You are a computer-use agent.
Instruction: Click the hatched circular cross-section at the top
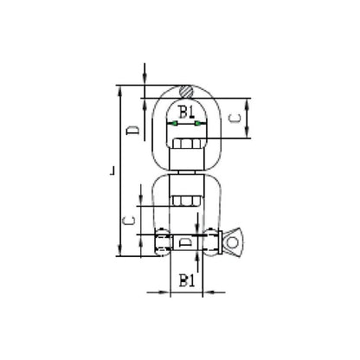coord(185,92)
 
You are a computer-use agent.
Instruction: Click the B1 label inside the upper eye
coord(187,112)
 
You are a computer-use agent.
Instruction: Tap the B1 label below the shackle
coord(187,280)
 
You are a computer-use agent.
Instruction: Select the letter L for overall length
coord(112,170)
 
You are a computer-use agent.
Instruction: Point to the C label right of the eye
coord(235,119)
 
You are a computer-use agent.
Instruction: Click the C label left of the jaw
coord(128,221)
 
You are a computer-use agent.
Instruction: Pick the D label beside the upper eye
coord(133,131)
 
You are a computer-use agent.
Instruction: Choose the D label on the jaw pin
coord(185,242)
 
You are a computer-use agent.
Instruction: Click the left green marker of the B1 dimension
coord(175,124)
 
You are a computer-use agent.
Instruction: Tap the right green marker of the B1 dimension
coord(197,124)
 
